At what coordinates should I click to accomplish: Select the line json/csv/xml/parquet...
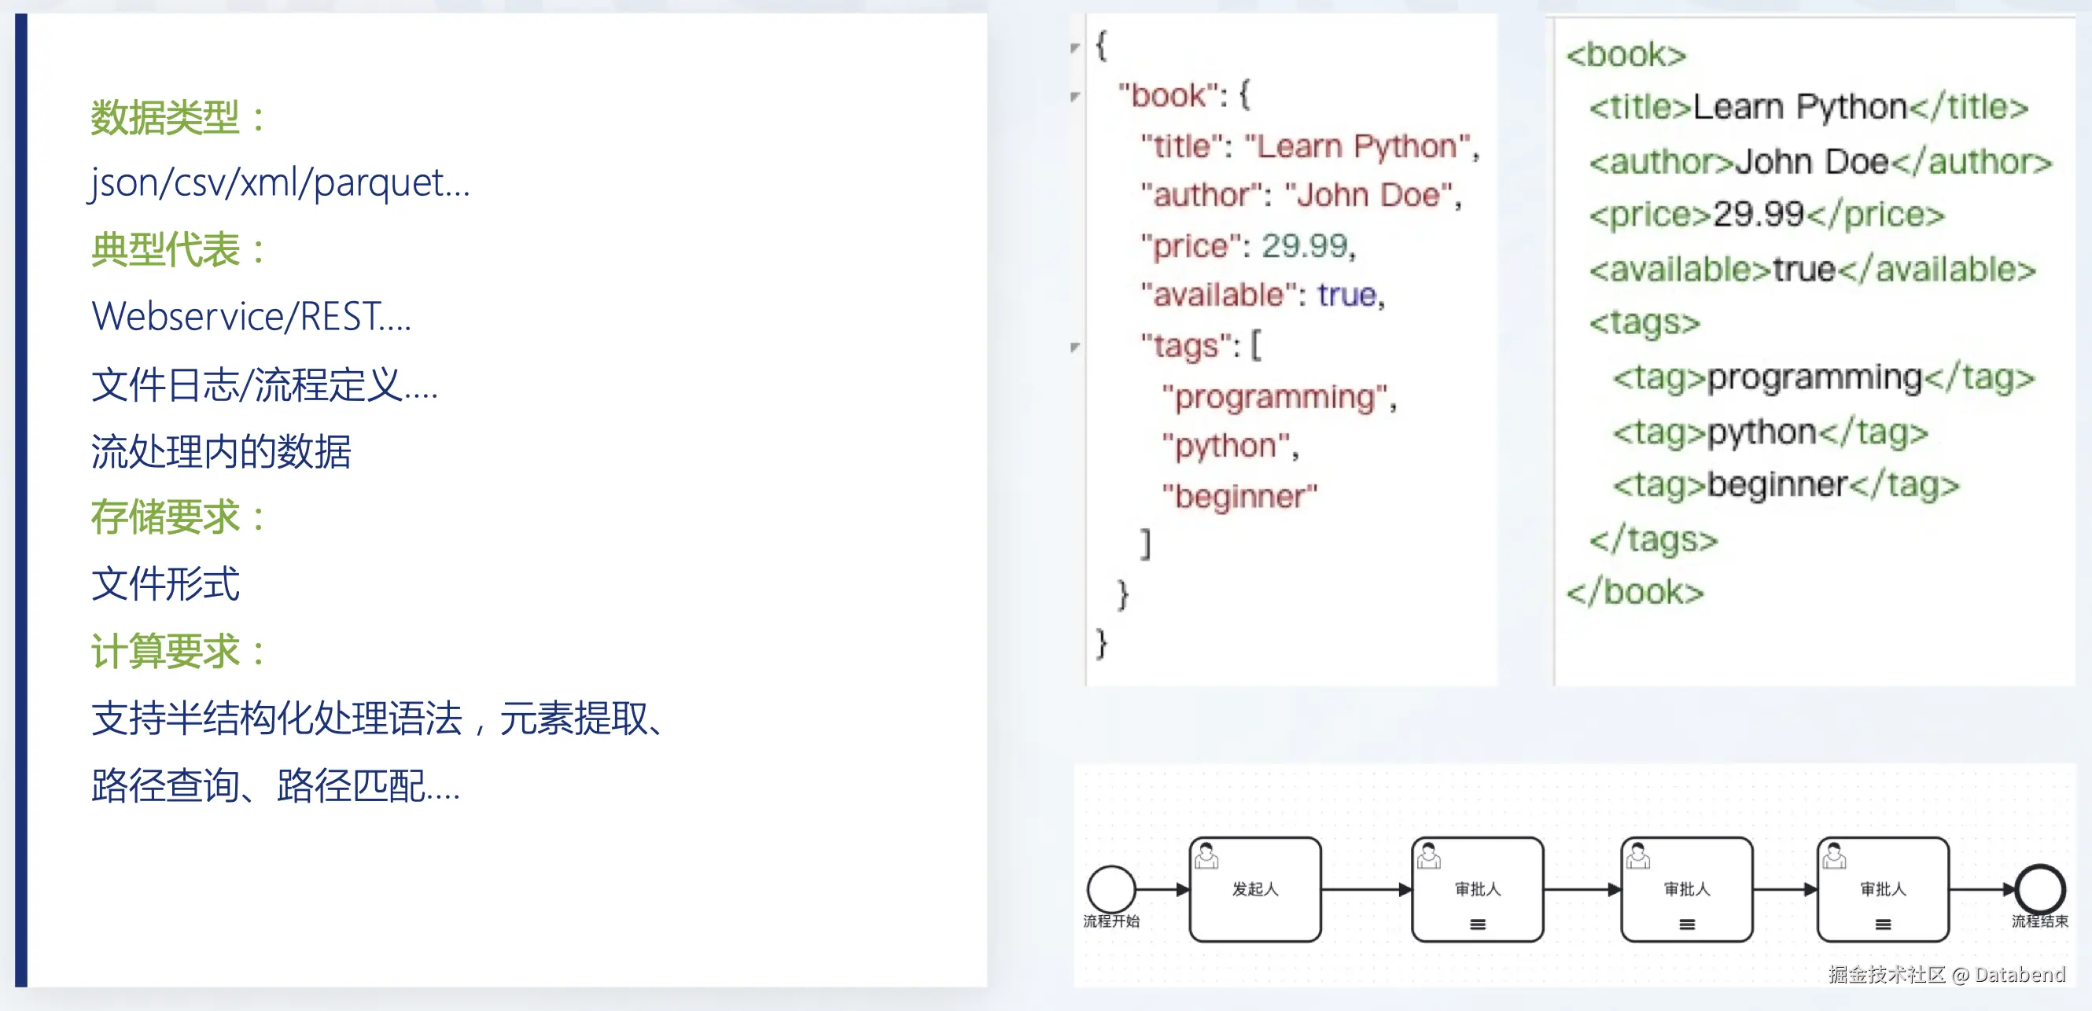click(279, 182)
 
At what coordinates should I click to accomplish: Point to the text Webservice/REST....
click(252, 317)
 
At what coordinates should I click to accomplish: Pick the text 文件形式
click(166, 585)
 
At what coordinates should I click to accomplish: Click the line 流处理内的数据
click(221, 451)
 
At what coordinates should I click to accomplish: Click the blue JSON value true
click(1346, 295)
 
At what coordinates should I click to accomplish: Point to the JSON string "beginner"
click(1239, 495)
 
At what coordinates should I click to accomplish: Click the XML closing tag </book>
click(1634, 592)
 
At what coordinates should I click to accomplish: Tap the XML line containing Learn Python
click(1808, 107)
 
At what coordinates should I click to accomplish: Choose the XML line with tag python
click(1770, 432)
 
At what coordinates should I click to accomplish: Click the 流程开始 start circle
click(1111, 888)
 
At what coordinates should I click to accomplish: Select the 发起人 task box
click(1254, 889)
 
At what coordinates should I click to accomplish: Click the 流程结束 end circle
click(2040, 888)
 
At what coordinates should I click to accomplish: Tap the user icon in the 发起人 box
click(1206, 856)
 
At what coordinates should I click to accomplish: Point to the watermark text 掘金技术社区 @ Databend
click(1946, 975)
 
